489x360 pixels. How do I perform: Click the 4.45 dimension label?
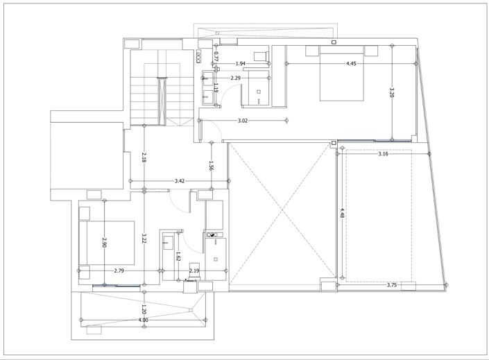351,64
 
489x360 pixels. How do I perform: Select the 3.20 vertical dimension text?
392,92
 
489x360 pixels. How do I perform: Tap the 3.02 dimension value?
243,121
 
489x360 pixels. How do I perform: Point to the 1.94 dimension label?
240,64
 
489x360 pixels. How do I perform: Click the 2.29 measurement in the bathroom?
235,78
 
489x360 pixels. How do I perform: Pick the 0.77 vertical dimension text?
216,56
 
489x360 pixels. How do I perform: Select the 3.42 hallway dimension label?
180,181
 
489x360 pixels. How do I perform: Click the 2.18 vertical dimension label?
144,157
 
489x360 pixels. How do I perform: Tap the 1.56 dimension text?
211,166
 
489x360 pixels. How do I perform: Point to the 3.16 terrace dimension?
383,154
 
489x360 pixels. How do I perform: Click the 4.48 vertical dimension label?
343,214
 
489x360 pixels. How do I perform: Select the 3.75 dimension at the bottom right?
392,285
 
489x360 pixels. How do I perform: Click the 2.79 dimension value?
119,271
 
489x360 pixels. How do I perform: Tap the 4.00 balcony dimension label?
144,320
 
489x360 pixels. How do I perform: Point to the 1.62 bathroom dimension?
178,257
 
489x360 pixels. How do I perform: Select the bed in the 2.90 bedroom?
107,243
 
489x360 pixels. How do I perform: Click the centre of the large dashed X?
282,211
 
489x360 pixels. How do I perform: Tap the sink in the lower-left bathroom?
168,243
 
